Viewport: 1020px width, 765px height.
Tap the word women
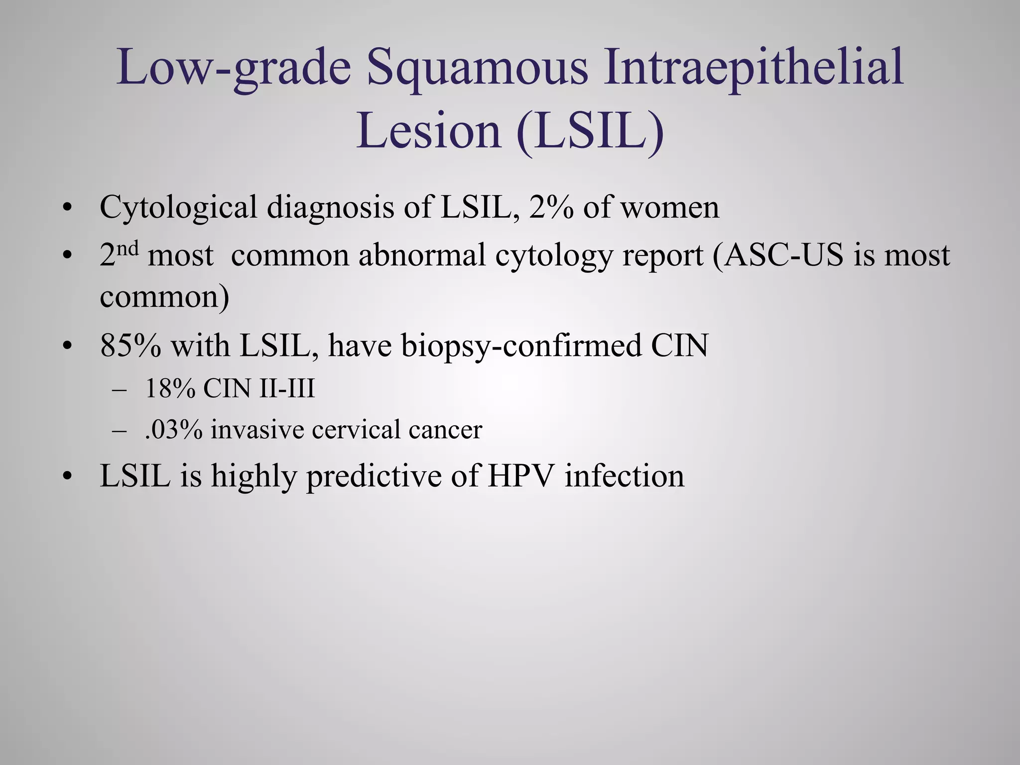[x=669, y=208]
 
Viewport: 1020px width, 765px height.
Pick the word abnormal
[x=421, y=255]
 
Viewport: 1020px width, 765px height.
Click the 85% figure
[x=130, y=345]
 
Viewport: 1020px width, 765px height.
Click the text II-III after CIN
[x=287, y=388]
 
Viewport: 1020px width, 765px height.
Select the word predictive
[x=374, y=476]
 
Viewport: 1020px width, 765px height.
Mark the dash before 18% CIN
[x=120, y=389]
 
